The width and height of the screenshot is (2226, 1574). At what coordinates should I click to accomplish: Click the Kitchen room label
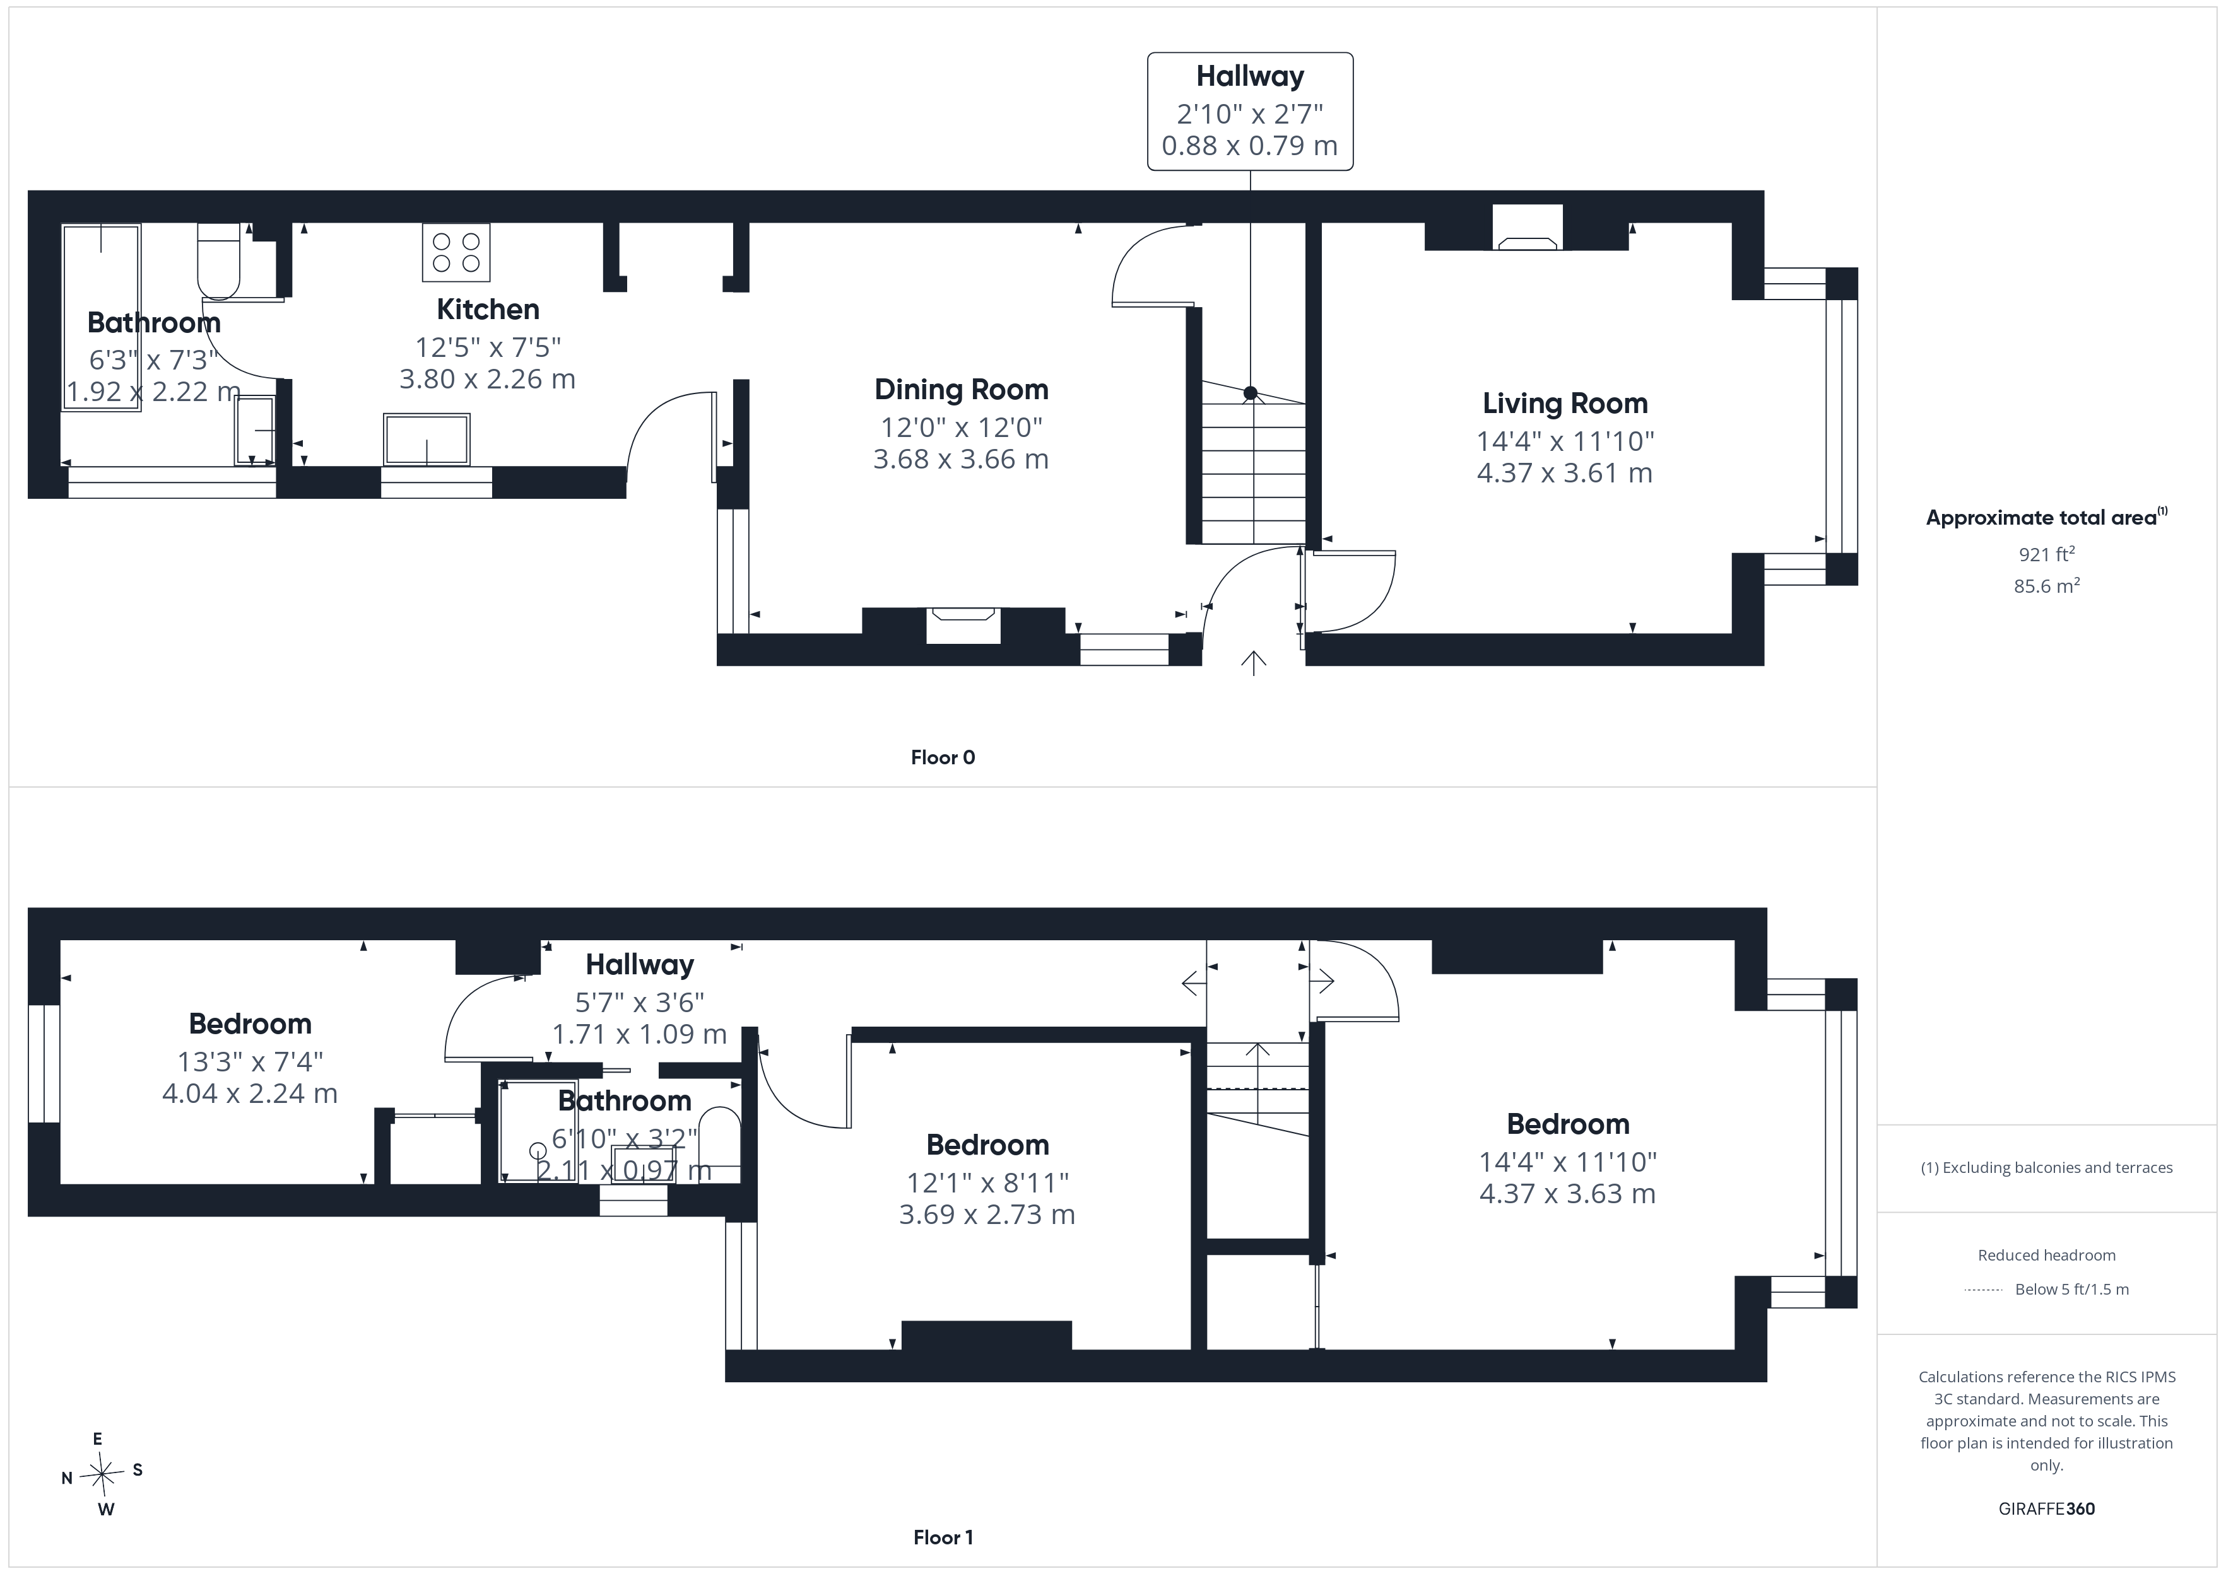[488, 309]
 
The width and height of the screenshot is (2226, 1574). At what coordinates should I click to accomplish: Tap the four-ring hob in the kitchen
[456, 252]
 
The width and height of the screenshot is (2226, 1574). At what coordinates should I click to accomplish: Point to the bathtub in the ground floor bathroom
[102, 317]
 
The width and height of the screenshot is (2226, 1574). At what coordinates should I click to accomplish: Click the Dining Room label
[961, 390]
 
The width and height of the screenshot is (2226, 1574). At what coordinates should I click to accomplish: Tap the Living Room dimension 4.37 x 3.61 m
[1565, 473]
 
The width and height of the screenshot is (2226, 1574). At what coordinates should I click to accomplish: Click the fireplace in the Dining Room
[963, 625]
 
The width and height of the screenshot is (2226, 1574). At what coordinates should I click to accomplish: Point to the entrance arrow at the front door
[1254, 663]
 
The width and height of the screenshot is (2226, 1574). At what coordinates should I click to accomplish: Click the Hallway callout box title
[1250, 76]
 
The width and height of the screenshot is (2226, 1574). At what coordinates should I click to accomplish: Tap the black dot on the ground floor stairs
[1251, 392]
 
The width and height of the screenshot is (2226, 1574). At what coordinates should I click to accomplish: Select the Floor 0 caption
[943, 757]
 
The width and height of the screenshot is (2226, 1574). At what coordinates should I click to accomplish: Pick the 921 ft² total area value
[2047, 554]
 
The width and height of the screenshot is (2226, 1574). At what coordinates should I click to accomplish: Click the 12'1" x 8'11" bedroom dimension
[987, 1182]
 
